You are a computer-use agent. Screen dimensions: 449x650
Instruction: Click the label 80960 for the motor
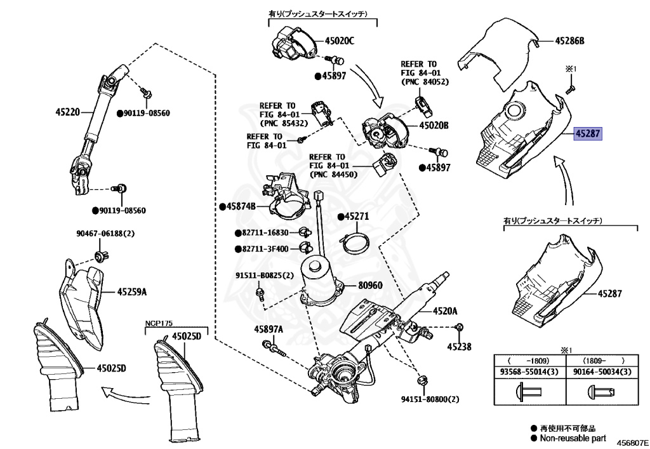pos(369,285)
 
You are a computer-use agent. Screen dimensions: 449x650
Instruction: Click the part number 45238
pos(459,347)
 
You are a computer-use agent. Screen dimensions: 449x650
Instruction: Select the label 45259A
pos(132,292)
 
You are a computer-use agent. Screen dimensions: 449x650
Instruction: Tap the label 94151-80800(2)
pos(429,399)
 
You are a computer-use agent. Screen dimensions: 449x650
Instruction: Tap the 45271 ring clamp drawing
pos(358,242)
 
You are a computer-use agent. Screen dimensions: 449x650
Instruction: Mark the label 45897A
pos(269,329)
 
